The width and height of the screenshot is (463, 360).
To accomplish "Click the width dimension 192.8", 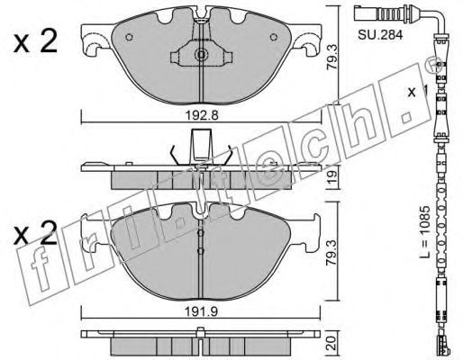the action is click(201, 115).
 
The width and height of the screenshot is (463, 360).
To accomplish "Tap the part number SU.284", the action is click(380, 35).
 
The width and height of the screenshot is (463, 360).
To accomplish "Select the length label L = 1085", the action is click(425, 231).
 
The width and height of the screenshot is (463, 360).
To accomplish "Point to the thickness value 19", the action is click(332, 177).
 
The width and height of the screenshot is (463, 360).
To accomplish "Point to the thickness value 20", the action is click(331, 343).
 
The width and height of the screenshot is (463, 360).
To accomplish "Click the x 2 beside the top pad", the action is click(35, 42).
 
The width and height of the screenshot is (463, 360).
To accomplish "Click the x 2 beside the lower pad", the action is click(35, 233).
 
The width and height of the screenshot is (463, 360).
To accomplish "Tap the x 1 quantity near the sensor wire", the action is click(417, 92).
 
